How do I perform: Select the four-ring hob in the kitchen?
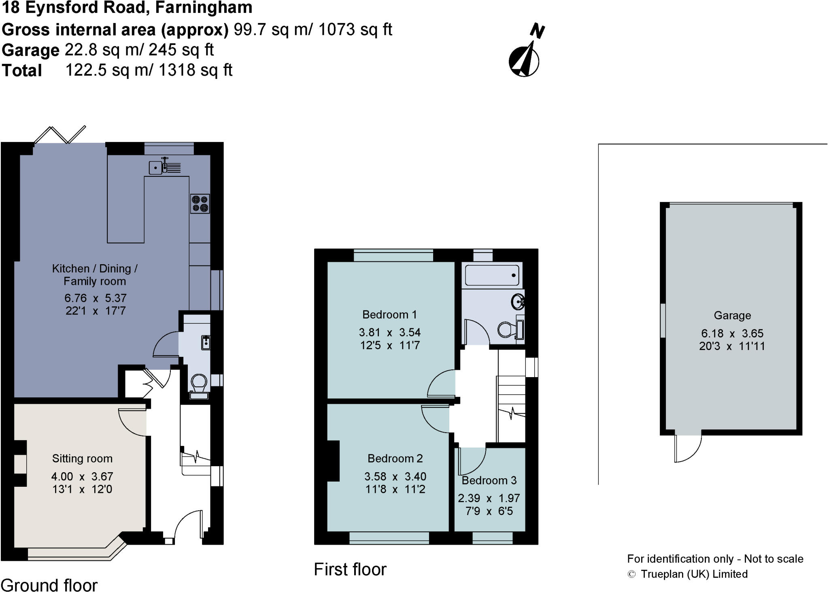(x=200, y=204)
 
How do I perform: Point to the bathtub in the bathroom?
(x=492, y=275)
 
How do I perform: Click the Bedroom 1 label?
(x=389, y=314)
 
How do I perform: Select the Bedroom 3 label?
(x=489, y=480)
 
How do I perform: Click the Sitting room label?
(x=82, y=458)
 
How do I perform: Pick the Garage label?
(x=732, y=315)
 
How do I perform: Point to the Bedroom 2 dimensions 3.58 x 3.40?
(x=395, y=476)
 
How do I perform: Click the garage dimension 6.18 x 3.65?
(x=732, y=333)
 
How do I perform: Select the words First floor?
(x=350, y=569)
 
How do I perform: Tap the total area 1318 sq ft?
(x=195, y=70)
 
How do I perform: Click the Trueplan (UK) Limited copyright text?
(x=694, y=574)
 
